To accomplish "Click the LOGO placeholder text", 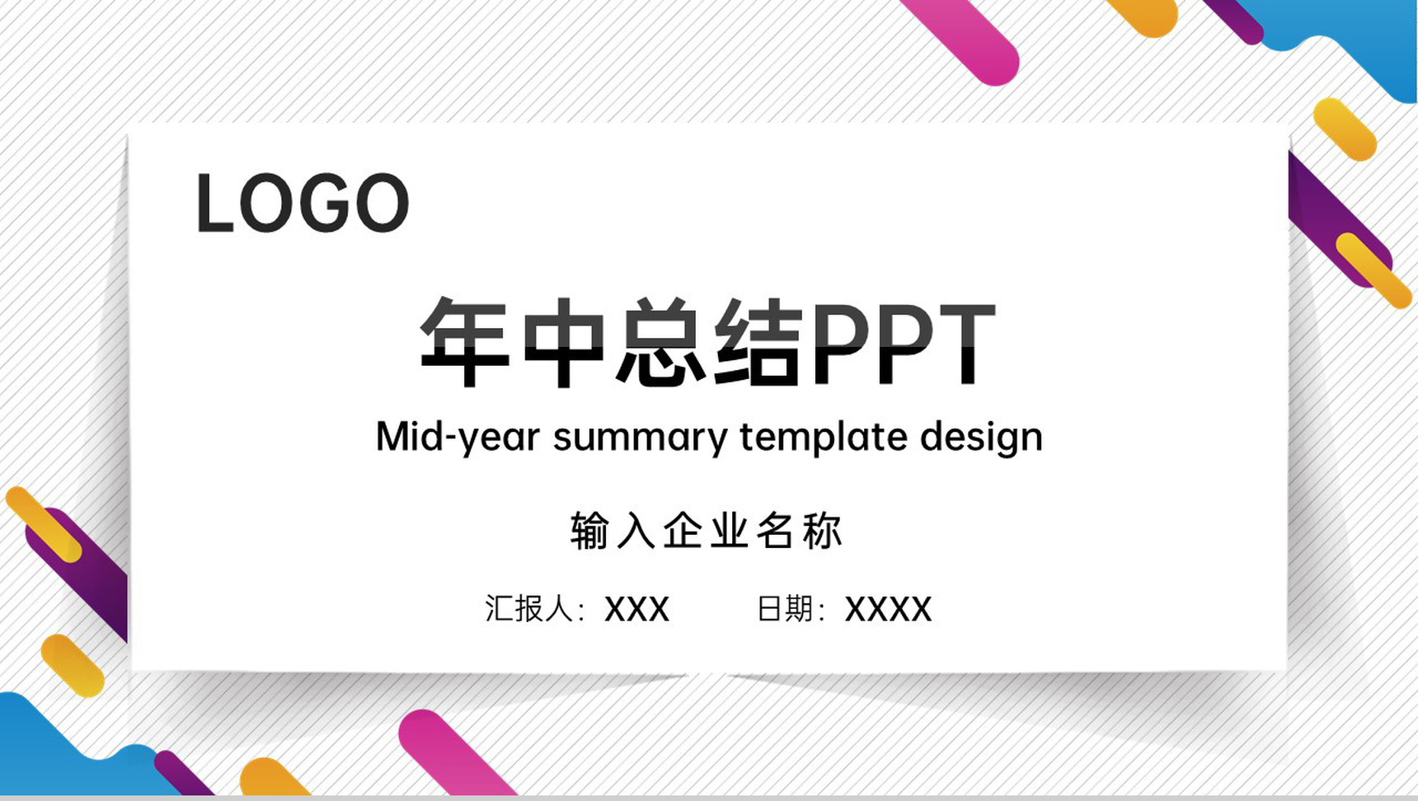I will pos(302,204).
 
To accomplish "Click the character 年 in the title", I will pos(464,343).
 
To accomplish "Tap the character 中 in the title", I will pos(564,343).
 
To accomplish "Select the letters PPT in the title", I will pos(903,343).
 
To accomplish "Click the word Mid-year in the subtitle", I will pos(458,437).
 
